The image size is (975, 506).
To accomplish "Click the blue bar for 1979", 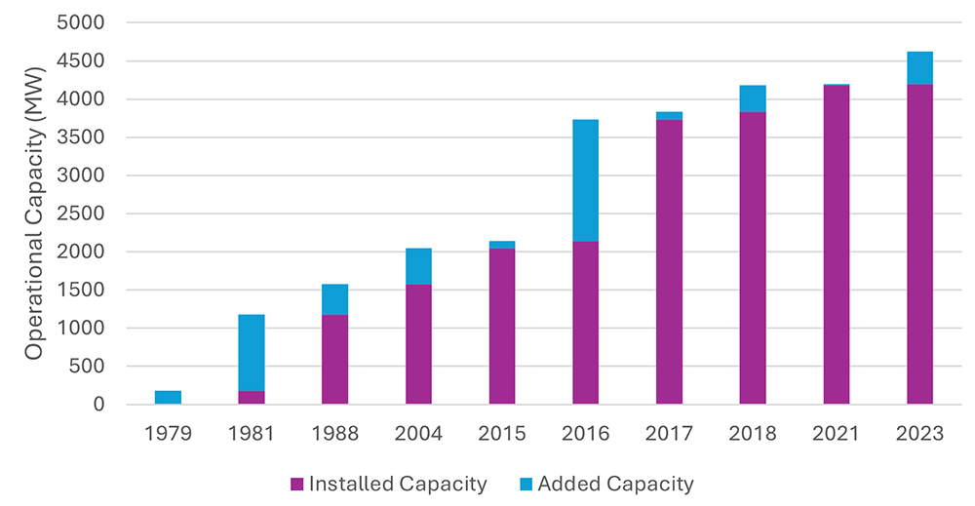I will [168, 397].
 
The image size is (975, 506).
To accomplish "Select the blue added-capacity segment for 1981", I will [252, 352].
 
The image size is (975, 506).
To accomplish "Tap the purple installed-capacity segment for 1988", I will [335, 359].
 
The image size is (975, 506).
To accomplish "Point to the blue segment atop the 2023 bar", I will [919, 68].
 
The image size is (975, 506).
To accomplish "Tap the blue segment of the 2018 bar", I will [753, 98].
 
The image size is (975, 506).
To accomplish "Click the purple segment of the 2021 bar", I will [837, 245].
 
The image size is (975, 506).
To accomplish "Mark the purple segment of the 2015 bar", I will [502, 326].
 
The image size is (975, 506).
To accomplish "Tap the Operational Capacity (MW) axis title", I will [35, 213].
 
